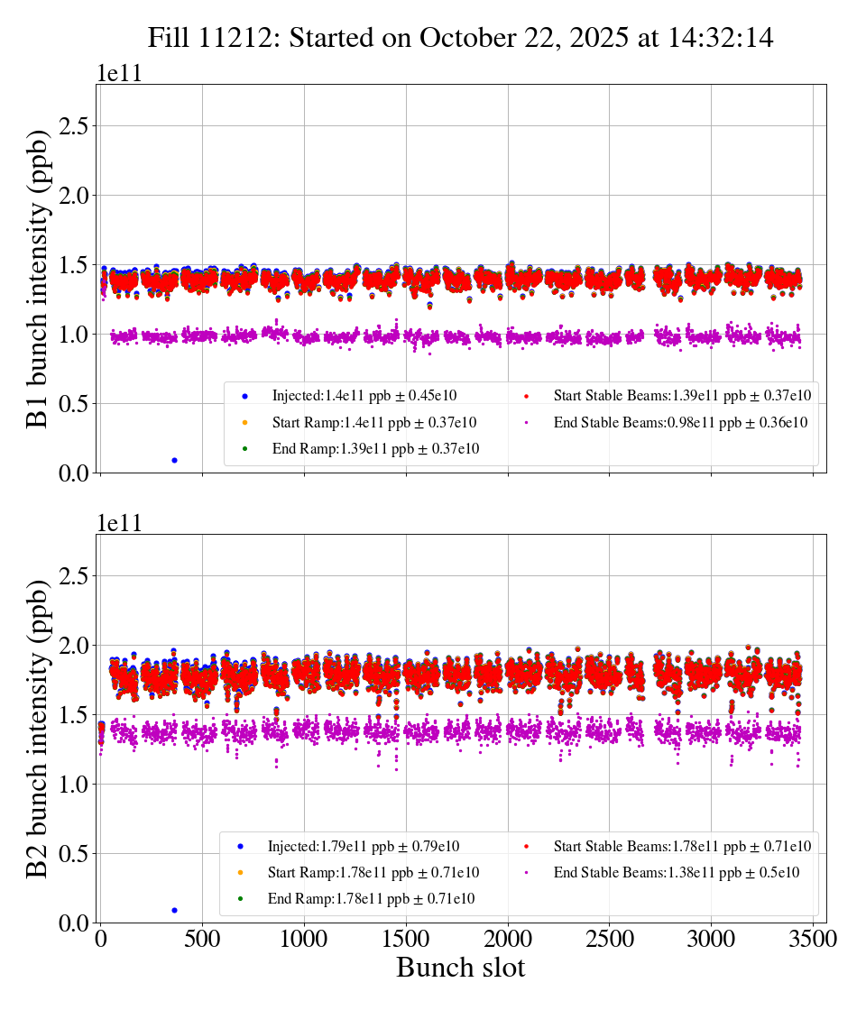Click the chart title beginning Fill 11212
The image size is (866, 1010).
click(x=461, y=38)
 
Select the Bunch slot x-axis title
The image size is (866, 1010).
click(x=460, y=968)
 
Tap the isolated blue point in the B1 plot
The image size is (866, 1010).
click(x=174, y=460)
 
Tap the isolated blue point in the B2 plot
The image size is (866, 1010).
click(x=174, y=910)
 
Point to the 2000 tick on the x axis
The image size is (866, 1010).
click(x=507, y=938)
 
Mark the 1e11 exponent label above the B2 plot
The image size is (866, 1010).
click(x=118, y=524)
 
